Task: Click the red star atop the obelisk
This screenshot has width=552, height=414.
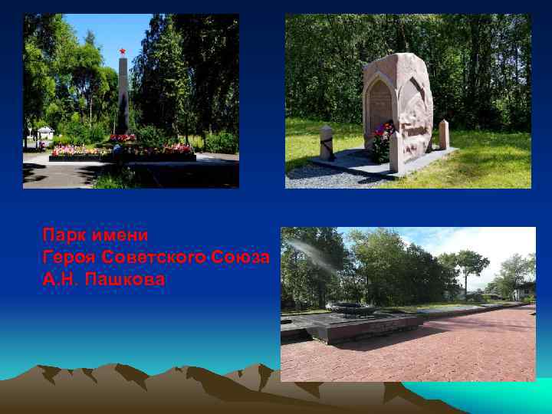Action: [122, 51]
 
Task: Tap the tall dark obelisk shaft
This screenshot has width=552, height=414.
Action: [123, 96]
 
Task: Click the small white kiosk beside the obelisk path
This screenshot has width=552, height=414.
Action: [45, 133]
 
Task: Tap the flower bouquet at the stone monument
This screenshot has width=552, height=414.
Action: [382, 138]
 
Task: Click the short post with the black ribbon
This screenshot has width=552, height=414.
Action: [327, 143]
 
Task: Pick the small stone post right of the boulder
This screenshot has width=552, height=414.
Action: [444, 134]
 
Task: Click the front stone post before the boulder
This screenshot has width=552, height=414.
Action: [396, 153]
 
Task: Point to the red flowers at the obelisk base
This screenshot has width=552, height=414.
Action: [123, 138]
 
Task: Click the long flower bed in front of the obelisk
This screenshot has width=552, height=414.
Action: [123, 150]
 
